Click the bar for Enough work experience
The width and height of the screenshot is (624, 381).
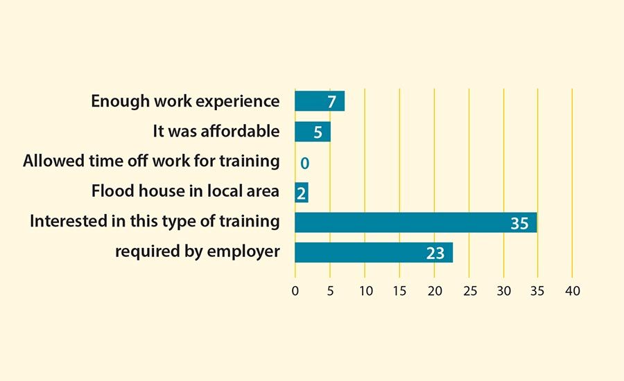pyautogui.click(x=319, y=101)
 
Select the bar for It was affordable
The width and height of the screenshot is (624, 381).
pyautogui.click(x=312, y=132)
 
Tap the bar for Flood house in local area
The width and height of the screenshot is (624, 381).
pyautogui.click(x=302, y=192)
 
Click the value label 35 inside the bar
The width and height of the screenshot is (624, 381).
pyautogui.click(x=519, y=223)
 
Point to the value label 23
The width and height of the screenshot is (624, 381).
pyautogui.click(x=435, y=253)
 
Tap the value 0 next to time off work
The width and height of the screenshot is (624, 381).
pyautogui.click(x=304, y=163)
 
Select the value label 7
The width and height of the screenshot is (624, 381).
pyautogui.click(x=331, y=102)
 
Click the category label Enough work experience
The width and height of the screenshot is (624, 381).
pyautogui.click(x=185, y=101)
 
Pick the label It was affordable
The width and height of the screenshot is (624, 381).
pyautogui.click(x=216, y=131)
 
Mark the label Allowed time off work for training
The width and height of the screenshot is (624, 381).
pyautogui.click(x=151, y=161)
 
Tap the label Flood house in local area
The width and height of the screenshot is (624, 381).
pyautogui.click(x=185, y=191)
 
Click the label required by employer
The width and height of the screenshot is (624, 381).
pyautogui.click(x=197, y=251)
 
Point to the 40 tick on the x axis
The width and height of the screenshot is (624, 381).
pyautogui.click(x=572, y=290)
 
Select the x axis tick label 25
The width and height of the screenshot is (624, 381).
pyautogui.click(x=469, y=290)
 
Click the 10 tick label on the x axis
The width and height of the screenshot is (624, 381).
pyautogui.click(x=365, y=290)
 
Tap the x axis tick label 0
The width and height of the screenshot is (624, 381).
pyautogui.click(x=295, y=290)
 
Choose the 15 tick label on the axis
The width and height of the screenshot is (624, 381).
pyautogui.click(x=399, y=290)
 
